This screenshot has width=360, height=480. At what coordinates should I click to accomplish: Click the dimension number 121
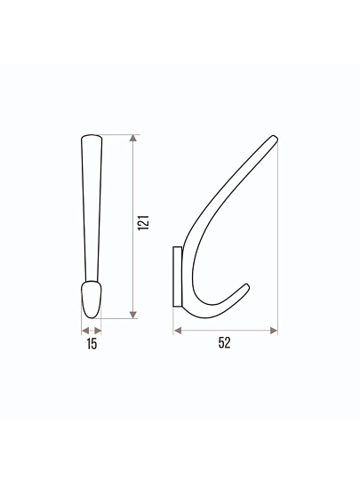pyautogui.click(x=143, y=222)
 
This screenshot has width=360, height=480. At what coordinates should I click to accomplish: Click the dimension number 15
pyautogui.click(x=92, y=344)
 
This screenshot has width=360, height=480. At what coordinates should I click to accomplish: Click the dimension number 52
pyautogui.click(x=224, y=343)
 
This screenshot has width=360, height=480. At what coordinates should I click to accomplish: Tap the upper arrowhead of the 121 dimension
pyautogui.click(x=132, y=138)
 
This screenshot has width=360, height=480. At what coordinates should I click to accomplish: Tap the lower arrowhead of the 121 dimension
pyautogui.click(x=132, y=315)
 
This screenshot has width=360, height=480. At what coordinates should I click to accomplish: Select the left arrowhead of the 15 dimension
pyautogui.click(x=85, y=331)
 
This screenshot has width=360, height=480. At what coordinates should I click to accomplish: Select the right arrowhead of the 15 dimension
pyautogui.click(x=98, y=331)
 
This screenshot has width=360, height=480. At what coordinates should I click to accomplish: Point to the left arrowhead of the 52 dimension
pyautogui.click(x=177, y=331)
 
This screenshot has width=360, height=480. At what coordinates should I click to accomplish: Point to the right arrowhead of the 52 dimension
pyautogui.click(x=274, y=331)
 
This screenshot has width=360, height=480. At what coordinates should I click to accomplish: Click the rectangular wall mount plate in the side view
pyautogui.click(x=177, y=276)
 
